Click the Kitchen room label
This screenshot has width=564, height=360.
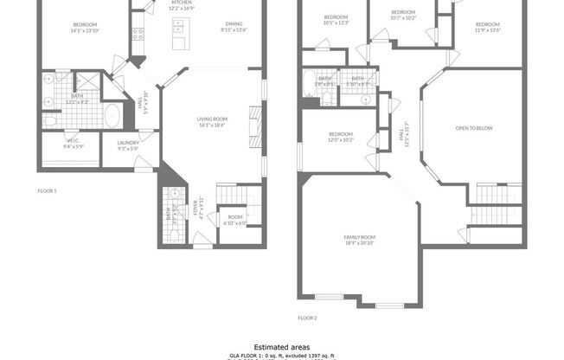pyautogui.click(x=181, y=4)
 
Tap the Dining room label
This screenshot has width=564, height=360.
pyautogui.click(x=234, y=26)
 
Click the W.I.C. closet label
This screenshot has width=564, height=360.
pyautogui.click(x=74, y=145)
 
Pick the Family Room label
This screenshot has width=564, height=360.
pyautogui.click(x=361, y=240)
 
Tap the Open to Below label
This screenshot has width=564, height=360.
pyautogui.click(x=474, y=129)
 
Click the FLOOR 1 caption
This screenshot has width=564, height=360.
pyautogui.click(x=47, y=190)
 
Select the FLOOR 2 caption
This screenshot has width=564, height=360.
pyautogui.click(x=307, y=318)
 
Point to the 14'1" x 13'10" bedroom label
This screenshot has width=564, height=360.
pyautogui.click(x=85, y=26)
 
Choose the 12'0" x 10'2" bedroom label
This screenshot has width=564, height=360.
pyautogui.click(x=341, y=137)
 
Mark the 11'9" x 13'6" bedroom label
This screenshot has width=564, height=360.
pyautogui.click(x=487, y=26)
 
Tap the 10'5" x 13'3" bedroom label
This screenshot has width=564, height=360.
pyautogui.click(x=336, y=20)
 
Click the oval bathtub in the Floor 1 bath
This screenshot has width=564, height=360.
pyautogui.click(x=112, y=113)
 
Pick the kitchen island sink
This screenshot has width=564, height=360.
pyautogui.click(x=179, y=29)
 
